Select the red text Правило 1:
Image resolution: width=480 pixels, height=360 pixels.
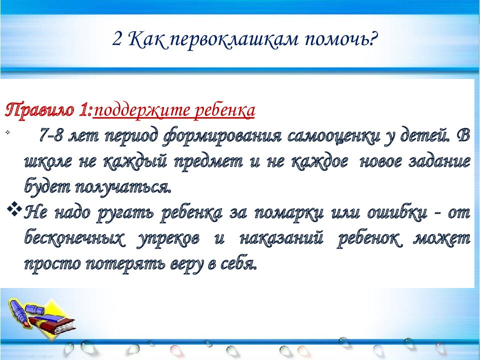click(48, 110)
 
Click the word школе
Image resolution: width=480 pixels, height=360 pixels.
click(47, 161)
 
